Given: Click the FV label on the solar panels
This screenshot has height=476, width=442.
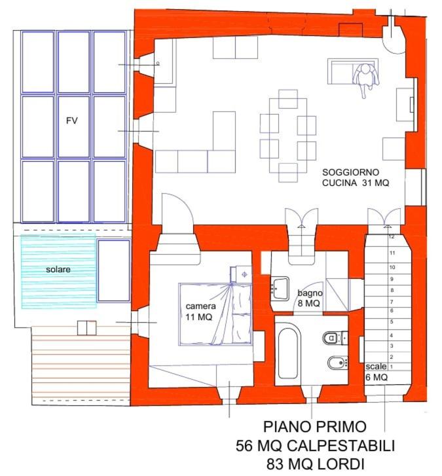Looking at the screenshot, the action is [72, 121].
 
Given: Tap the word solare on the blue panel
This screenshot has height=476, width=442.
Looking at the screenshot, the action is [58, 269].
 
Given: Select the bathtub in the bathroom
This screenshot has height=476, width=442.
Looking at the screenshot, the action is [287, 353].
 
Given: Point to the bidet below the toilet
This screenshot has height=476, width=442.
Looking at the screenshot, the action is [337, 363].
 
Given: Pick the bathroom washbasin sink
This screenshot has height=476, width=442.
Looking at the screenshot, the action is [280, 288].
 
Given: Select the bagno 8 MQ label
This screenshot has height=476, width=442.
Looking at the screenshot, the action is [310, 298].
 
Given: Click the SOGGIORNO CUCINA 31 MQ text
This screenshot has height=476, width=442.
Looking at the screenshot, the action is [355, 177].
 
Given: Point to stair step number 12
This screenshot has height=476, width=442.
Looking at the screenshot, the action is [392, 236].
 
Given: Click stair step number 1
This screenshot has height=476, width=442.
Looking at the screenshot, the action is [392, 367].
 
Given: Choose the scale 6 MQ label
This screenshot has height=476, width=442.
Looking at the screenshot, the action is [377, 372].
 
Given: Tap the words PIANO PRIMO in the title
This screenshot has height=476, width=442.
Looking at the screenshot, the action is [314, 426].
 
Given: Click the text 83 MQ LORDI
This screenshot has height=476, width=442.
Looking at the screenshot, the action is [316, 464].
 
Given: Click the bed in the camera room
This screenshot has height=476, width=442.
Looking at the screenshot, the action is [215, 314].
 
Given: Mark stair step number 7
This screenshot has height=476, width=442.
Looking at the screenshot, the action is [392, 302].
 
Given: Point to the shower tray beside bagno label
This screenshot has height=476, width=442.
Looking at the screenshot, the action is [337, 296].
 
